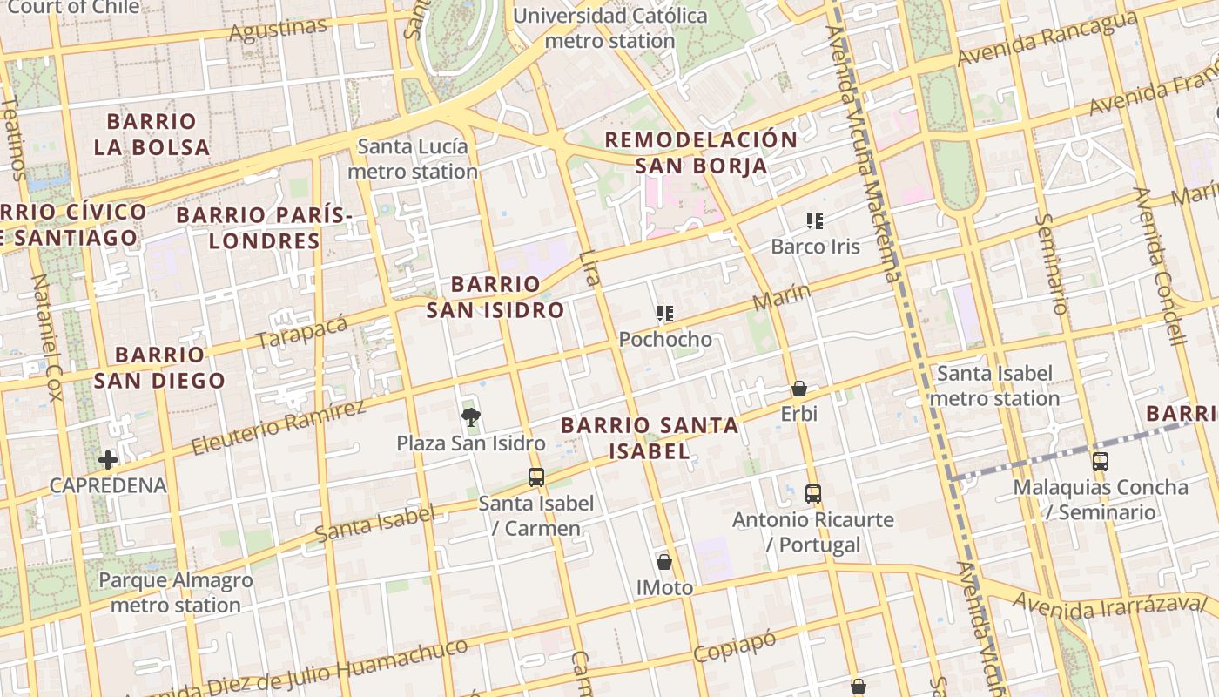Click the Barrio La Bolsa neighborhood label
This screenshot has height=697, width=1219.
click(x=152, y=134)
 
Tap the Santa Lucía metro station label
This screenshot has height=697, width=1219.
click(x=413, y=159)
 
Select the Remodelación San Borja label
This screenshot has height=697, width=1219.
click(x=701, y=152)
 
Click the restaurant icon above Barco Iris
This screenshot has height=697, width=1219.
click(x=815, y=221)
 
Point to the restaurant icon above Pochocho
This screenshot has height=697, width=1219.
click(x=665, y=314)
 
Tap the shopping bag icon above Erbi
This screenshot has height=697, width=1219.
click(x=798, y=389)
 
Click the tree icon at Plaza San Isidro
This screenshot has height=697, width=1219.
click(x=471, y=416)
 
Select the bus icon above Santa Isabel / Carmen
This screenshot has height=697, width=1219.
click(x=535, y=477)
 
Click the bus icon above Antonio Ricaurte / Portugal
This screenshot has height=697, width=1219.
click(x=812, y=494)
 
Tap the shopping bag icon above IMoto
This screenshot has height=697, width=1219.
click(x=664, y=562)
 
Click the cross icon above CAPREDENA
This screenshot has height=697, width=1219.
click(x=108, y=459)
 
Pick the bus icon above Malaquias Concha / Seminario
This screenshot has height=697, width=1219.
click(x=1101, y=461)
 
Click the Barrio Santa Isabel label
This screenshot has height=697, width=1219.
click(x=650, y=437)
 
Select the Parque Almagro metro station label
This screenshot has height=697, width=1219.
click(x=175, y=592)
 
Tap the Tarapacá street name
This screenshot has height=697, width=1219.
click(x=302, y=332)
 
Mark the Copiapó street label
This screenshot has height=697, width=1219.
click(x=734, y=647)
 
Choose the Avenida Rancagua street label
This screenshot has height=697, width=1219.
click(x=1047, y=39)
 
